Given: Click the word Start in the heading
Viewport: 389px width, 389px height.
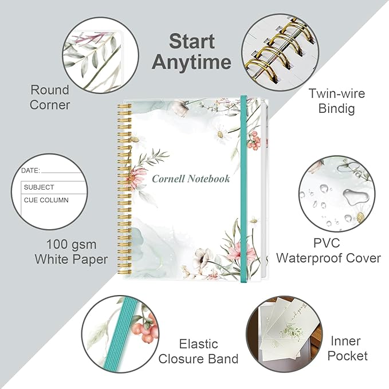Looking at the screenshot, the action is tap(192, 41).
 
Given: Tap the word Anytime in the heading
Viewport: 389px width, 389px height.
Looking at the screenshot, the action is tap(191, 62).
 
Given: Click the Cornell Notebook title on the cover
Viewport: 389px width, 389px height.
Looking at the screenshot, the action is tap(191, 179).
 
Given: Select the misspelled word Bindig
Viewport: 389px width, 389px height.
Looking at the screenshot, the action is tap(336, 109).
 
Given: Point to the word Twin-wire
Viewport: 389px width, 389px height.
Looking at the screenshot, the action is tap(337, 93).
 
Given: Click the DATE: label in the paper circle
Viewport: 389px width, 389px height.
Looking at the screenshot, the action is tap(30, 170).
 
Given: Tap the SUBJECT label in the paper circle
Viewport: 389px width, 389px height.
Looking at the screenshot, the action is tap(39, 187).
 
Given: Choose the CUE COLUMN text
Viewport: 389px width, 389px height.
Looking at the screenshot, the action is tap(46, 200).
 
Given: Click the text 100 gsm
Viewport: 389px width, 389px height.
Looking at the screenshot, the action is tap(72, 245).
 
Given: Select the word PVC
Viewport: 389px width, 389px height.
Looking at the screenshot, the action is tap(327, 243).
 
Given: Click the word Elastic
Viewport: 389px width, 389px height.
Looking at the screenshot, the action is tap(198, 344).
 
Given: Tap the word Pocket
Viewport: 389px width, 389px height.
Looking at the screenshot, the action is tap(347, 356).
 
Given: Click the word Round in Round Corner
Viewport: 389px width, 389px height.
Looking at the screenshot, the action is tap(50, 90).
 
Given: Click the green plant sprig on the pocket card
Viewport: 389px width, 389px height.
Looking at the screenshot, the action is tap(293, 331).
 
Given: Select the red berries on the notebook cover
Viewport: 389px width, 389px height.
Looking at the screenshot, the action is tap(254, 141).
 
